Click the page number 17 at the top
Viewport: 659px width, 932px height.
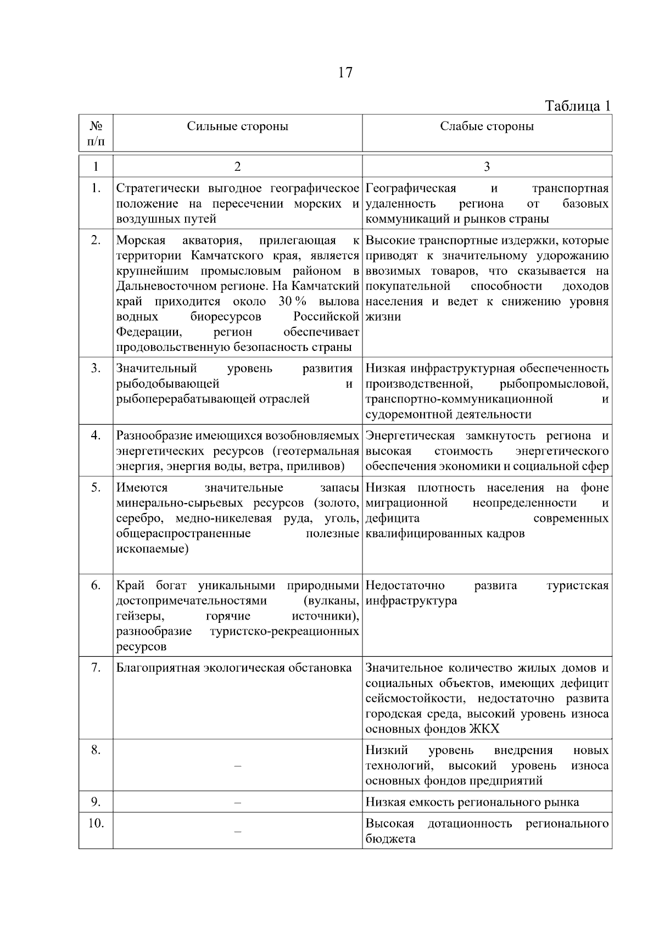(x=345, y=72)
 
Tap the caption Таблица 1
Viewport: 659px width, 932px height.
(x=577, y=105)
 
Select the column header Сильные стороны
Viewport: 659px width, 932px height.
(x=237, y=126)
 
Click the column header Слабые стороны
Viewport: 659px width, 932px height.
(x=487, y=126)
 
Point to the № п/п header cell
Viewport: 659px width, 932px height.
(x=96, y=133)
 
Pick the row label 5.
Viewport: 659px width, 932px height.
(x=96, y=488)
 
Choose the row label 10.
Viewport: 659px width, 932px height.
(x=96, y=823)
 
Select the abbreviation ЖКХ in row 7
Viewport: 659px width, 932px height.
(x=485, y=729)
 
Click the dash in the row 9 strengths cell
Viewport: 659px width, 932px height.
(x=237, y=802)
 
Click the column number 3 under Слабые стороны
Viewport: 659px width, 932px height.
(x=487, y=166)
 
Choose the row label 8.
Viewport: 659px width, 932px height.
(x=96, y=750)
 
